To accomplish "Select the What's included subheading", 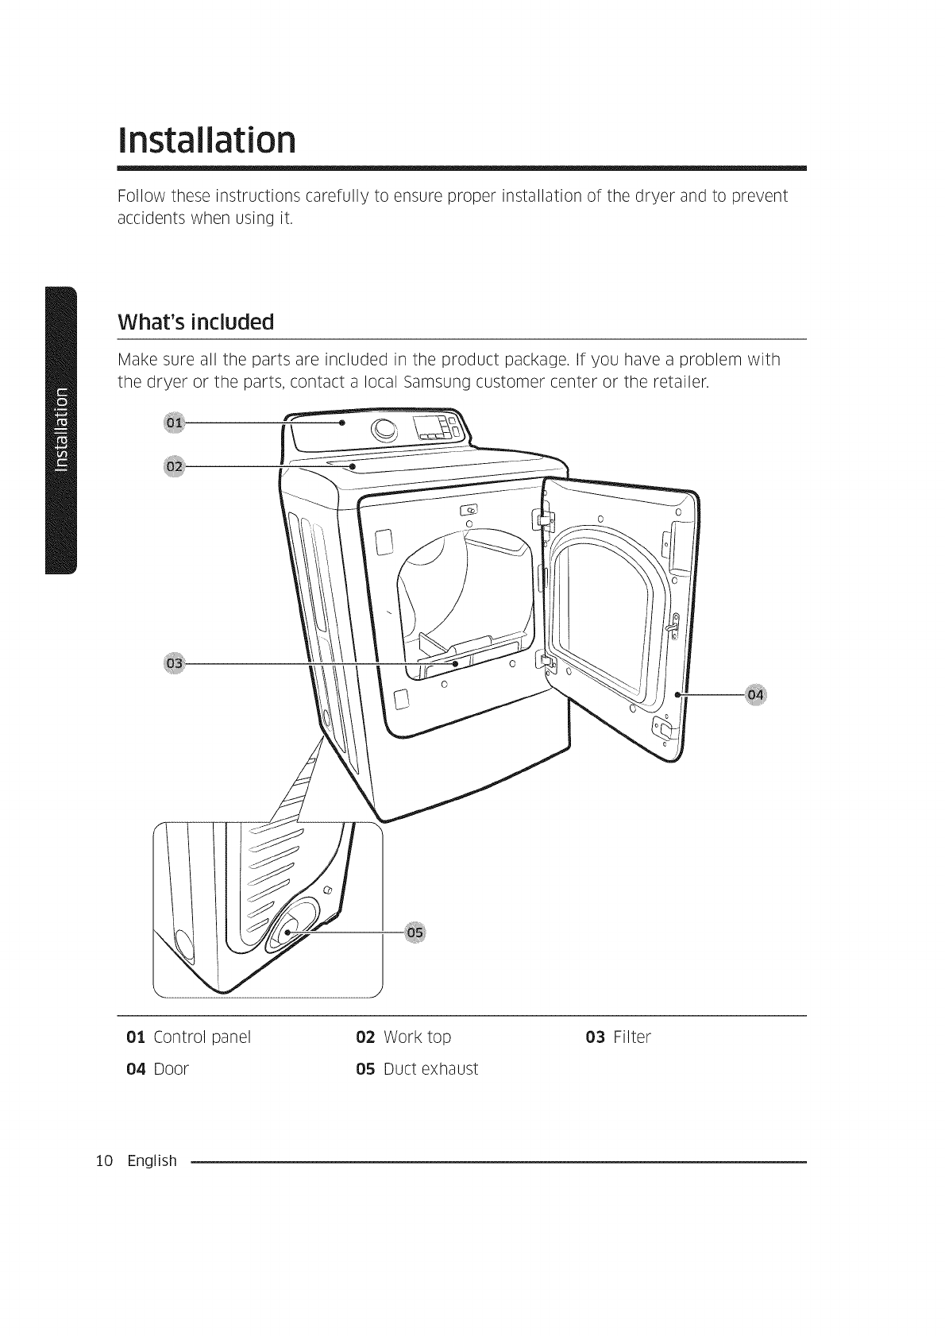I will (x=195, y=322).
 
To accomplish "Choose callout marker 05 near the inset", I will (x=415, y=932).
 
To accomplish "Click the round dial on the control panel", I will (x=384, y=430).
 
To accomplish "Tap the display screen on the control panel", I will (x=433, y=429).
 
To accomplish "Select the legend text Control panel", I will (x=202, y=1037).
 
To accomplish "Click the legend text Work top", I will (x=417, y=1037).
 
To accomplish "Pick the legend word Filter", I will (x=632, y=1037).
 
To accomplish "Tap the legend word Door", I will (x=171, y=1069).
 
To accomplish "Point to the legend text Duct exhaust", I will (x=430, y=1069).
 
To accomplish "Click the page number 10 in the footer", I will (x=102, y=1161).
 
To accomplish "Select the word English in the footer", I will (x=152, y=1161).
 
